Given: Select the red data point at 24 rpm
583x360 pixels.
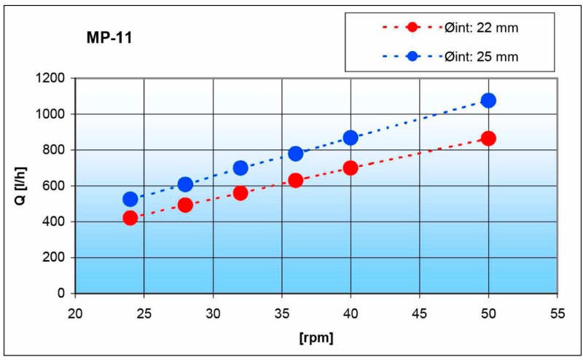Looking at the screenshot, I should (x=130, y=218).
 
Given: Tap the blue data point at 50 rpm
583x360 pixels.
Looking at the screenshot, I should (x=488, y=100).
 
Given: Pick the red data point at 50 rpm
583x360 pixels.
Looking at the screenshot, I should (x=488, y=138).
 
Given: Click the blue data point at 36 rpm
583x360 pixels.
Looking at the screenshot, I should (x=296, y=153).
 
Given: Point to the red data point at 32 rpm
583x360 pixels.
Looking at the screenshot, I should (x=240, y=193).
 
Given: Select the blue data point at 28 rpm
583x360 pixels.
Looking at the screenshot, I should (x=185, y=184).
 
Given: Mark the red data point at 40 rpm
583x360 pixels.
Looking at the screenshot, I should (x=351, y=168).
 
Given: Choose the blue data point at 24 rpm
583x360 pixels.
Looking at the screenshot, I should (x=130, y=199).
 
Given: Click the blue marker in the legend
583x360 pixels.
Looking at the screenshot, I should (x=413, y=56).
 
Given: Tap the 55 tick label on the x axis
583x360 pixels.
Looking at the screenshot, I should (x=557, y=308).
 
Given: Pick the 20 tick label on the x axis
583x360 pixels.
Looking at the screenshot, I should (x=75, y=308).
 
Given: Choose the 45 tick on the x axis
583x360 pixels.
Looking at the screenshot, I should (x=419, y=308).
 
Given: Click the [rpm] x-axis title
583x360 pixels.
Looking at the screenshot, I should (x=316, y=338).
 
